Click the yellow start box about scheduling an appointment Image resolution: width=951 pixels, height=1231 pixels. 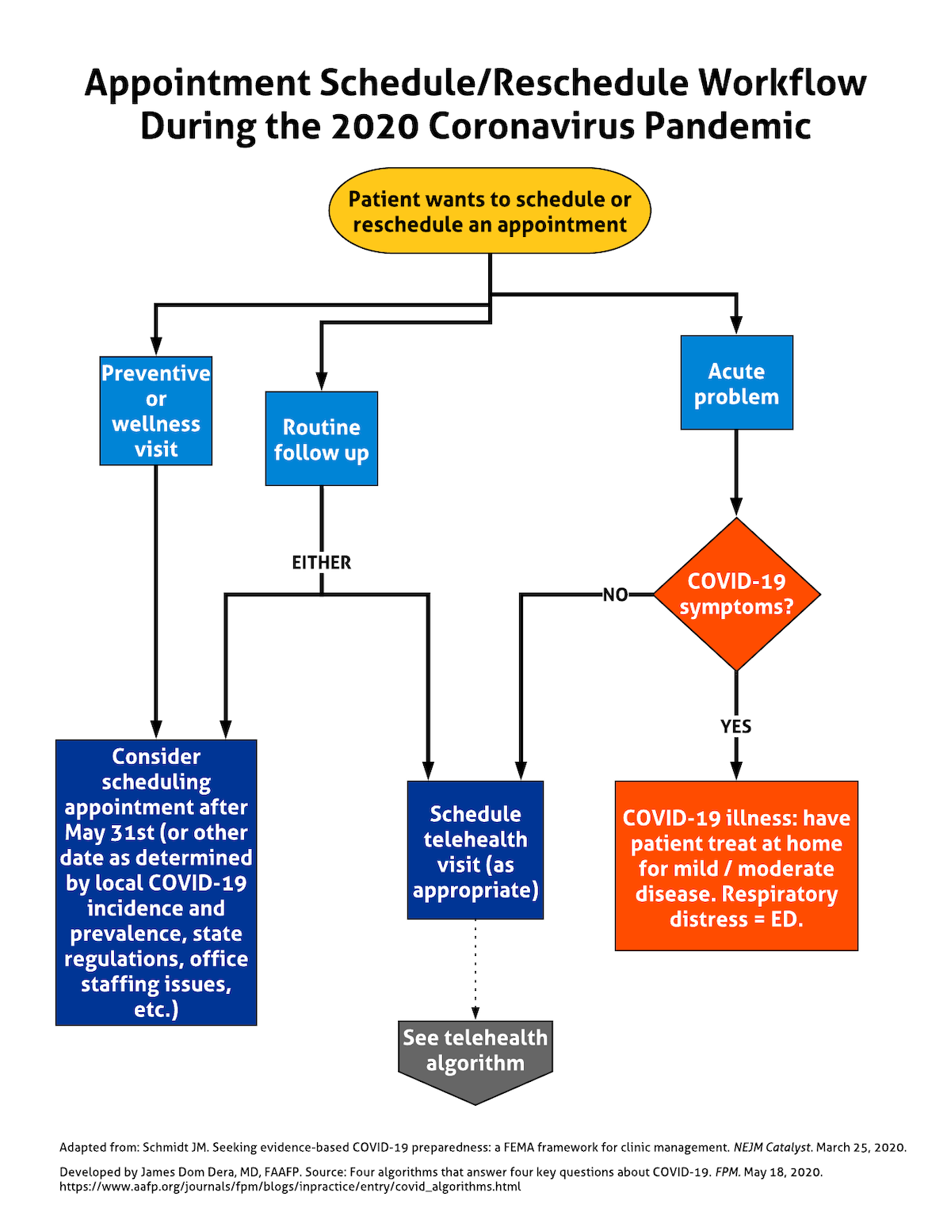point(490,211)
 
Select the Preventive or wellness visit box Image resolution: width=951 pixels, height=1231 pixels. point(156,411)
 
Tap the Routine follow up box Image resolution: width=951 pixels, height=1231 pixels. point(321,438)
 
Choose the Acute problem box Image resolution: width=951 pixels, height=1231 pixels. point(736,383)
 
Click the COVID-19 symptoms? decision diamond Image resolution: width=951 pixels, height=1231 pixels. point(736,594)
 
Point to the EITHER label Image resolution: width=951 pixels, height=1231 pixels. point(321,563)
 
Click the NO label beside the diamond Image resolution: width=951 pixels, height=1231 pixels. point(615,594)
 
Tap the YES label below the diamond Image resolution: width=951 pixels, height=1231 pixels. point(735,726)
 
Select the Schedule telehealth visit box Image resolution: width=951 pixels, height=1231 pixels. point(475,851)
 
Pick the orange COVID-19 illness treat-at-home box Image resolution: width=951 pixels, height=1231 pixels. point(736,866)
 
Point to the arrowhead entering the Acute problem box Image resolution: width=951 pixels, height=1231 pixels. point(736,324)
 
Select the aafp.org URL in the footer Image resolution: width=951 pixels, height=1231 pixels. point(290,1187)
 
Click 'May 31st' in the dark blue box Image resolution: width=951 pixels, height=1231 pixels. point(110,833)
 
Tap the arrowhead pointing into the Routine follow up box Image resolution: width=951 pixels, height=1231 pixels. point(321,380)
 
